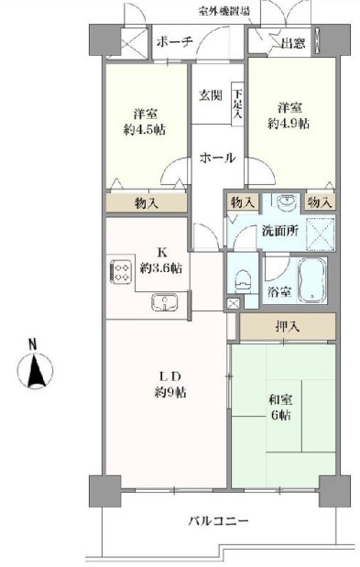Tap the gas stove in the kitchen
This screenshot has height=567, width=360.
pyautogui.click(x=120, y=272)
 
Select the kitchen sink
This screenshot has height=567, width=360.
pyautogui.click(x=165, y=302)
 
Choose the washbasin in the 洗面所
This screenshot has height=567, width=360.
pyautogui.click(x=288, y=201)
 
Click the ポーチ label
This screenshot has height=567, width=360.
pyautogui.click(x=174, y=42)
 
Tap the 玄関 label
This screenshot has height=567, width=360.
pyautogui.click(x=210, y=95)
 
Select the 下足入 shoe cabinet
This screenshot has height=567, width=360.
pyautogui.click(x=237, y=104)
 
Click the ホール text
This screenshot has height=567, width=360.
pyautogui.click(x=218, y=158)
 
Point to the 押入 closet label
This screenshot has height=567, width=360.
pyautogui.click(x=288, y=327)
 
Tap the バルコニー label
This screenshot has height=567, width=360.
pyautogui.click(x=219, y=521)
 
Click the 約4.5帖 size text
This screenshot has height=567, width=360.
pyautogui.click(x=145, y=129)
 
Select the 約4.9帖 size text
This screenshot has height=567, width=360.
pyautogui.click(x=289, y=124)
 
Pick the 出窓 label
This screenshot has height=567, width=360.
pyautogui.click(x=293, y=43)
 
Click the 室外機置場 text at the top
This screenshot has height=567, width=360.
pyautogui.click(x=224, y=11)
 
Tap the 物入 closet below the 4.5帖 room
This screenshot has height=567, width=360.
pyautogui.click(x=147, y=203)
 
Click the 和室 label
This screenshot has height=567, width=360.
pyautogui.click(x=280, y=400)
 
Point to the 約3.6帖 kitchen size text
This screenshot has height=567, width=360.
pyautogui.click(x=161, y=268)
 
